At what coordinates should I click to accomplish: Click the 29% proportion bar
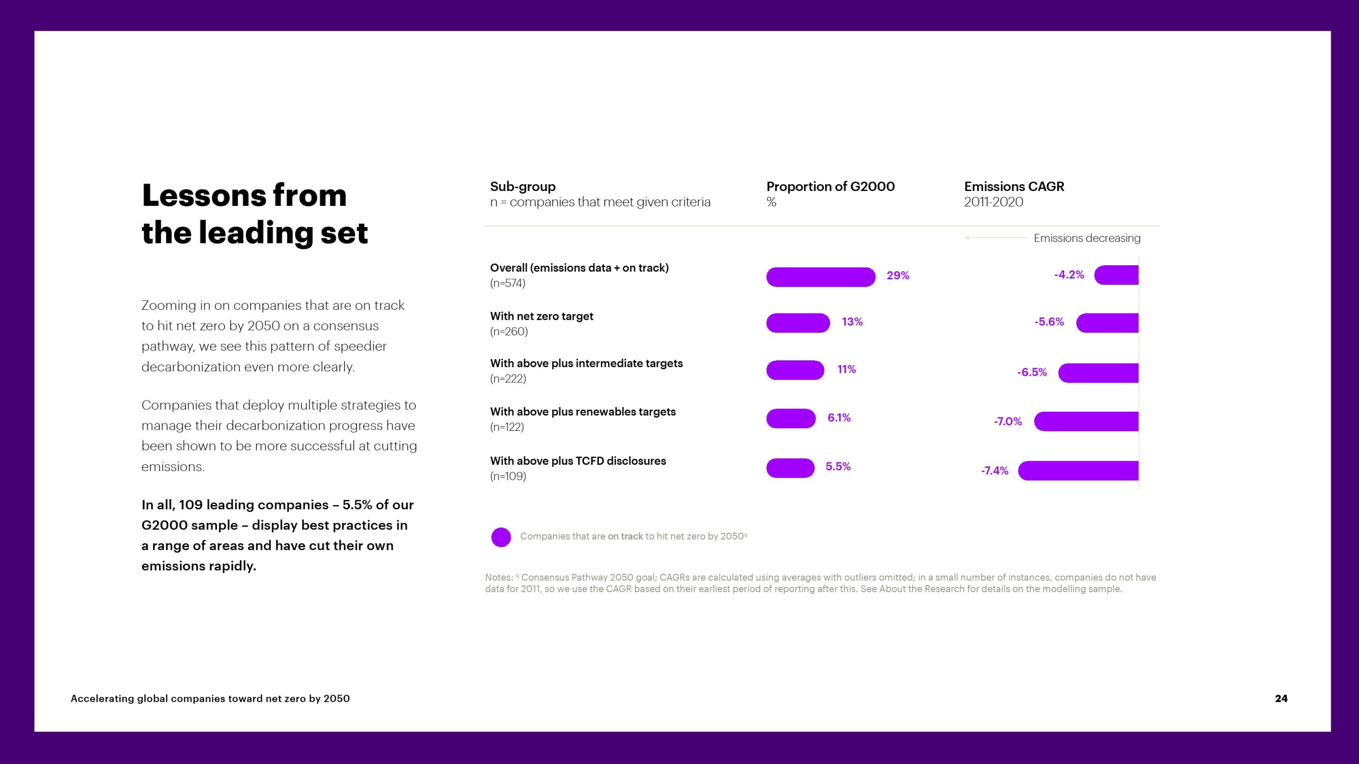coord(821,277)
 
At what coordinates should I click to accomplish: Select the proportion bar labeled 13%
coord(798,323)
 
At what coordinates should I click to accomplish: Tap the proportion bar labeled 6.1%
coord(791,419)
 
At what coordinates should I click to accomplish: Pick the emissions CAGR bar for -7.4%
coord(1078,471)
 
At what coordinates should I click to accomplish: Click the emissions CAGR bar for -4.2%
coord(1116,275)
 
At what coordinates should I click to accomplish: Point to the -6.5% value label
coord(1032,372)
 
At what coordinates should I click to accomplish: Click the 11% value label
coord(847,369)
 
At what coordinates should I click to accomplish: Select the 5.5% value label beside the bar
coord(838,466)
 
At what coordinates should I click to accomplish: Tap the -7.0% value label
coord(1008,421)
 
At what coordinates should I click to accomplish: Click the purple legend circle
coord(501,537)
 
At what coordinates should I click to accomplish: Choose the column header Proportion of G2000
coord(830,187)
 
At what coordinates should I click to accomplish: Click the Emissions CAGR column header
coord(1014,187)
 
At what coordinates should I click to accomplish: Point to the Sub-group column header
coord(523,187)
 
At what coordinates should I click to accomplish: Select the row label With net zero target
coord(541,316)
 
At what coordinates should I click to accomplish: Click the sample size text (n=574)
coord(508,283)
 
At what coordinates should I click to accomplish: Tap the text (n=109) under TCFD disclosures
coord(508,476)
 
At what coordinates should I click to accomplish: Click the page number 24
coord(1281,698)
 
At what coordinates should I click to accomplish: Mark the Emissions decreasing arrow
coord(996,238)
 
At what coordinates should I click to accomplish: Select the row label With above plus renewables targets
coord(583,412)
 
